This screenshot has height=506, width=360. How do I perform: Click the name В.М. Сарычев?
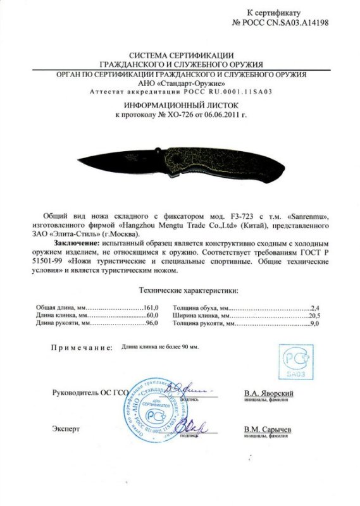267,429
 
